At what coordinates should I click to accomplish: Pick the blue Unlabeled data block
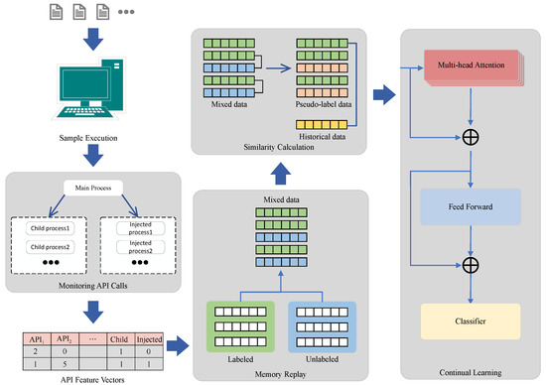323,326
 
